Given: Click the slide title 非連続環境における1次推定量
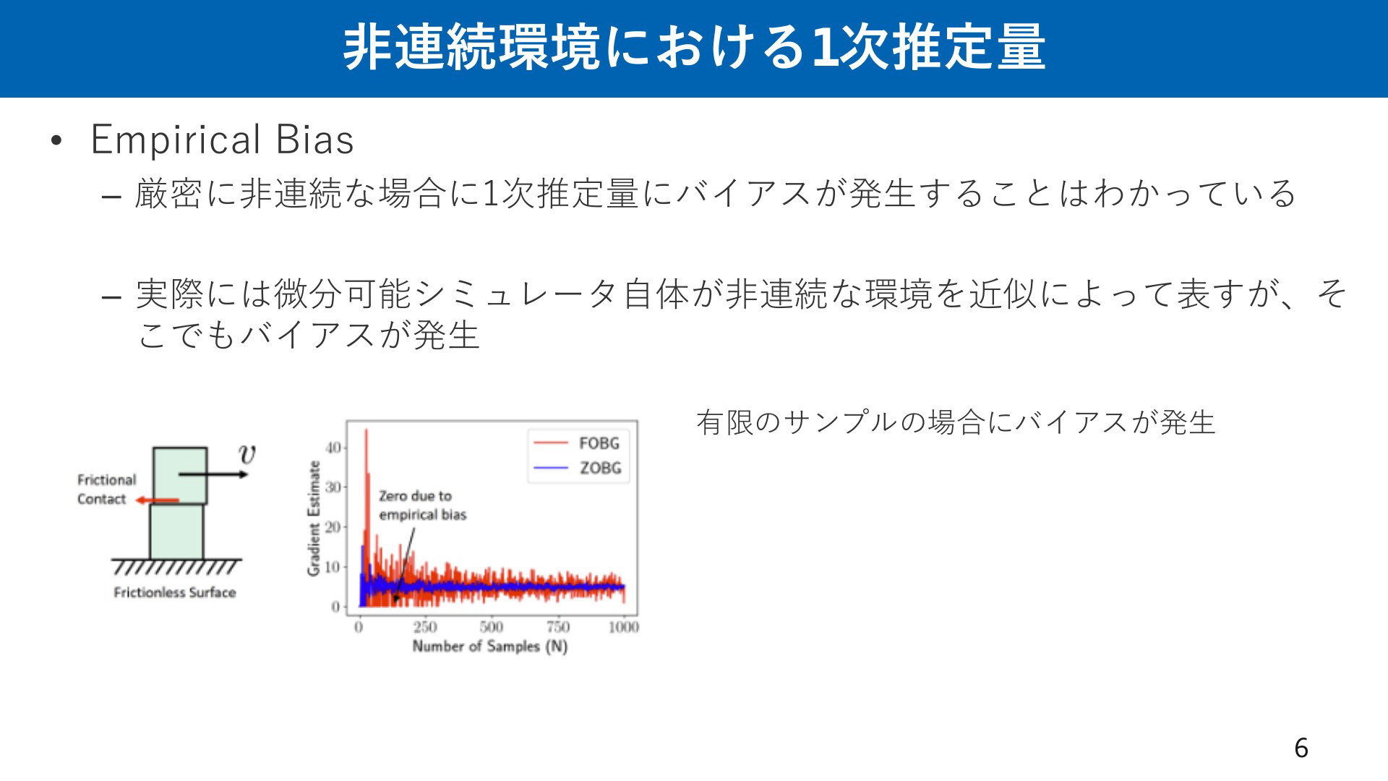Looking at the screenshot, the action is click(694, 48).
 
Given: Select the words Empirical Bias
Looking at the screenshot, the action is click(222, 140).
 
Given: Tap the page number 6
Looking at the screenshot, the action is click(1301, 748).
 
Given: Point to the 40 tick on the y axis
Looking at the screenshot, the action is click(333, 448).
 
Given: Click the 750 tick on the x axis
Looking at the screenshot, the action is click(557, 627).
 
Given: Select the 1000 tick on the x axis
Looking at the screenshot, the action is click(623, 627).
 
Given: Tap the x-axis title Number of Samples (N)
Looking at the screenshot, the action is click(490, 646).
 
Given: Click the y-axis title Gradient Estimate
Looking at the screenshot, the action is click(314, 518).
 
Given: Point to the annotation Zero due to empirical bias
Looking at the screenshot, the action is click(423, 505).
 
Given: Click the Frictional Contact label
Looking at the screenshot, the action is click(106, 490).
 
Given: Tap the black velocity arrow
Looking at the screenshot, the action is click(213, 474).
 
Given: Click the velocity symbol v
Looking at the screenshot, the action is click(247, 454).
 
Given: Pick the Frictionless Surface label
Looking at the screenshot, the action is click(175, 593).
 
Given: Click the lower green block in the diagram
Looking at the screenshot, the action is click(176, 532).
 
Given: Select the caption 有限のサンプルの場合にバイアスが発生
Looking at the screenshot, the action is click(956, 423).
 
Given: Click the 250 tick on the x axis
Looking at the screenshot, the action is click(425, 627).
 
